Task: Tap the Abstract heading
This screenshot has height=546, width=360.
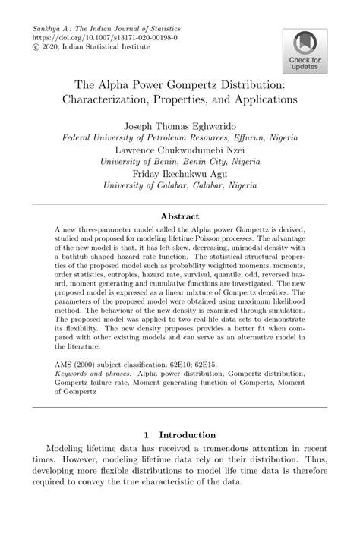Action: [180, 216]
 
